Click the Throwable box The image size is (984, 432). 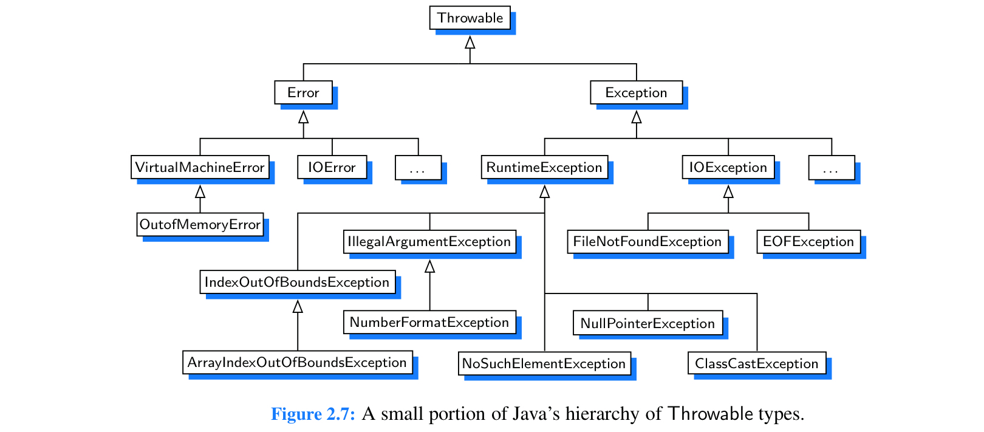(x=470, y=18)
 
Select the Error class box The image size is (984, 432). (x=303, y=92)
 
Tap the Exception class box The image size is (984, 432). (x=636, y=92)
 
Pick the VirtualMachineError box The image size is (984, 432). (x=200, y=167)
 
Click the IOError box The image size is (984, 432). (x=332, y=167)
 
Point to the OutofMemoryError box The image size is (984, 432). (x=200, y=224)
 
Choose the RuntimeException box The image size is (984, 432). (x=544, y=167)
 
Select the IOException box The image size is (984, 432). (x=728, y=167)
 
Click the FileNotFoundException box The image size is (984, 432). (x=647, y=241)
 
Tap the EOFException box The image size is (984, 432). (x=808, y=241)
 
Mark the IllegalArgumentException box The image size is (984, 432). (x=429, y=241)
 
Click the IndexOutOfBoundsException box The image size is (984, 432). (x=297, y=282)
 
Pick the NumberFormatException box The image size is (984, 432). (x=429, y=322)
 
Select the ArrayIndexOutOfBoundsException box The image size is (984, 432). (x=297, y=362)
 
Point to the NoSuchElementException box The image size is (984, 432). (x=544, y=363)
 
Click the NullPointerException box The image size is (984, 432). (x=647, y=323)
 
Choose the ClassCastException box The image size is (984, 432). (x=756, y=363)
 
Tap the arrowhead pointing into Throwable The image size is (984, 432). (x=470, y=43)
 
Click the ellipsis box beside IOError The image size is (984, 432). (x=418, y=168)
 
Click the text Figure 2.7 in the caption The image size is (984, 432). (x=313, y=414)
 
